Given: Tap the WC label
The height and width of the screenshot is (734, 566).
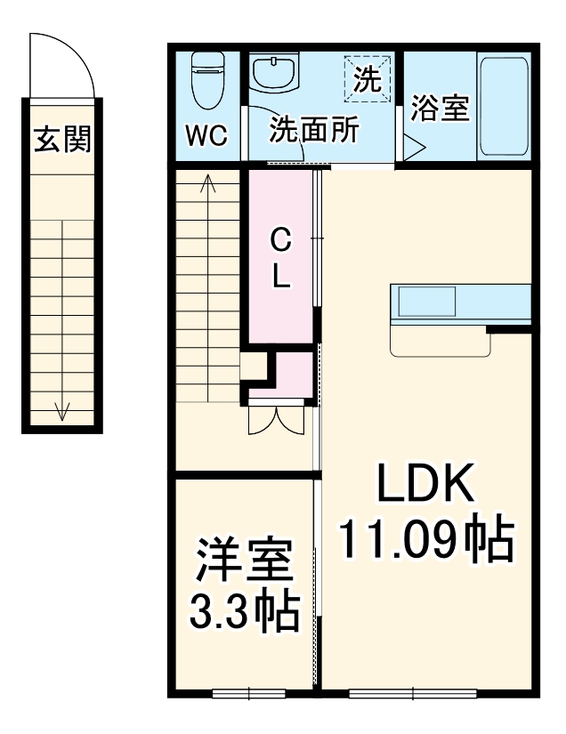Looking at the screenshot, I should [x=206, y=136].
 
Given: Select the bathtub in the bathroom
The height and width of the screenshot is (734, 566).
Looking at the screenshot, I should [x=504, y=107].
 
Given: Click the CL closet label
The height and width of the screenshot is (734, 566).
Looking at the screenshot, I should [x=280, y=257].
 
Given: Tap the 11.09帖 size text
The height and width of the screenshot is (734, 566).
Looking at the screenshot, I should [x=426, y=537].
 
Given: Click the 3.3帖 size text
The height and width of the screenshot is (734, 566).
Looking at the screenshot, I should [x=243, y=611].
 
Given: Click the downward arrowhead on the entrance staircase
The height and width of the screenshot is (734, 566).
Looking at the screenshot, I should [x=62, y=411].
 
